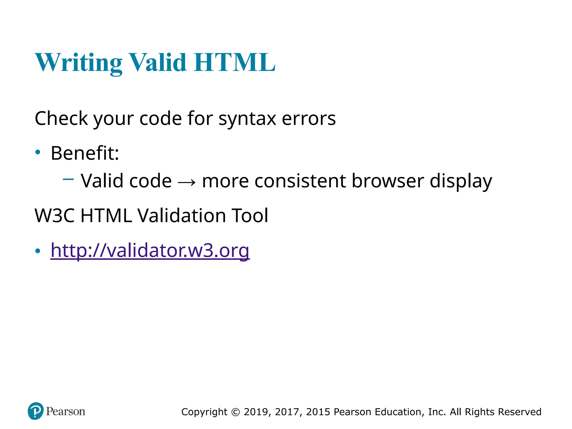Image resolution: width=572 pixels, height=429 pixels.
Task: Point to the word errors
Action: (309, 119)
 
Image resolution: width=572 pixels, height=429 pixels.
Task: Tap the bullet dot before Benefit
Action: (38, 152)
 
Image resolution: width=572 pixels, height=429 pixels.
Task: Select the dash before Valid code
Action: (68, 179)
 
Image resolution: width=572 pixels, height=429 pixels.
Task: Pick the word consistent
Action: (300, 181)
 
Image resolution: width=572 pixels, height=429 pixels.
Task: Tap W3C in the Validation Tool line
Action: (55, 216)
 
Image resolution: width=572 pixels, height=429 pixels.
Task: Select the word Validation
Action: (182, 216)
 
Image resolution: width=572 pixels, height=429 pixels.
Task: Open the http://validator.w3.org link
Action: (150, 250)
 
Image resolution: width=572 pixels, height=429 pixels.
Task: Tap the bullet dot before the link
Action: (38, 251)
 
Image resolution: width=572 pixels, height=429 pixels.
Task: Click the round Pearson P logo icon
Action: (36, 411)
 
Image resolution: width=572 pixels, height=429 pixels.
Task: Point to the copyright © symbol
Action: (236, 412)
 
